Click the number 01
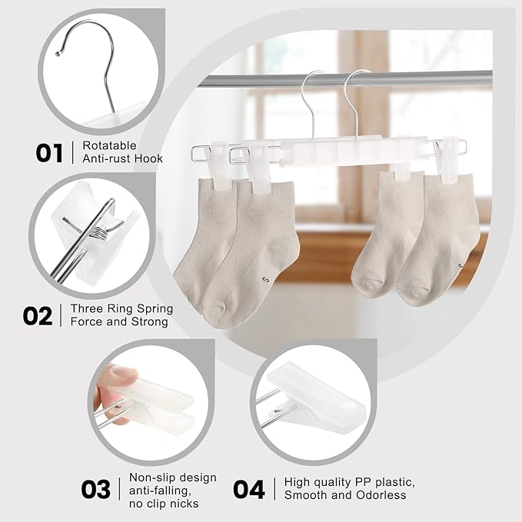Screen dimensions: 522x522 tap(49, 151)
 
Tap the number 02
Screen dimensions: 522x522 tap(38, 315)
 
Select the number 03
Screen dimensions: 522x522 tap(95, 488)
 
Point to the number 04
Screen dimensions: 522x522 tap(248, 488)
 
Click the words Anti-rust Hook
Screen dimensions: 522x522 tap(122, 158)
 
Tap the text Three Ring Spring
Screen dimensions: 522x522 tap(121, 308)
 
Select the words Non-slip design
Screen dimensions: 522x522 tap(172, 477)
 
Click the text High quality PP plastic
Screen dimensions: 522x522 tap(350, 483)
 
